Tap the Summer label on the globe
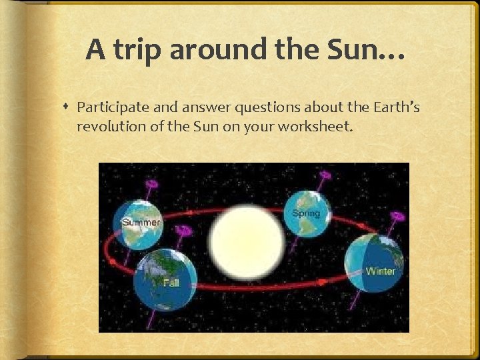[141, 222]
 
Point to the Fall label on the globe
[171, 283]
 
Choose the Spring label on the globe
[306, 214]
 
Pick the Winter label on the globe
[380, 271]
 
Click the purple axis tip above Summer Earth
[152, 183]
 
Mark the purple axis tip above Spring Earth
[325, 175]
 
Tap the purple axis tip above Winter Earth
[398, 217]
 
